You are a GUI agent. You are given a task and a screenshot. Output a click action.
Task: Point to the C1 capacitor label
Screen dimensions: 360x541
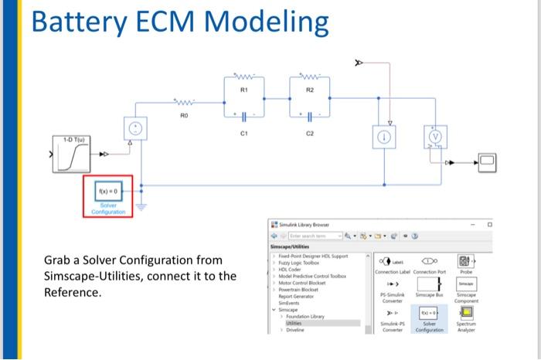tap(243, 132)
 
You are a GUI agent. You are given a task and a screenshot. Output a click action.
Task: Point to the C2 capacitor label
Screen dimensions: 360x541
tap(309, 132)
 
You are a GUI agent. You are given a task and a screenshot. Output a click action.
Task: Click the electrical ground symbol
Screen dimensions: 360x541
tap(141, 205)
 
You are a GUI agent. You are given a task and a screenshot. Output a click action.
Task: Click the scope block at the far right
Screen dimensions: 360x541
tap(488, 162)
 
